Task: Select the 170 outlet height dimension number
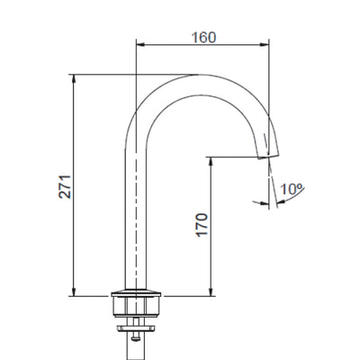pyautogui.click(x=199, y=224)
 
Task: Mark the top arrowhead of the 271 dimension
pyautogui.click(x=73, y=78)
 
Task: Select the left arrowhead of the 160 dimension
pyautogui.click(x=139, y=42)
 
